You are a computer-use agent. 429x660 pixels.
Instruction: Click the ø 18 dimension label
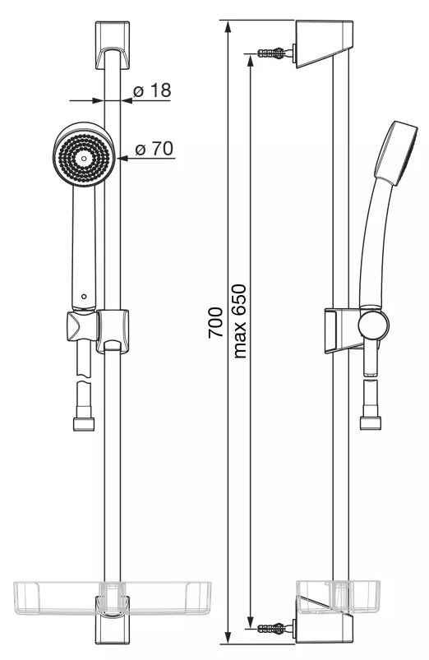152,90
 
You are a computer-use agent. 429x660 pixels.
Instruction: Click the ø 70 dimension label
154,149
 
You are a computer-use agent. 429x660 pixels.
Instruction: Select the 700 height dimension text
215,323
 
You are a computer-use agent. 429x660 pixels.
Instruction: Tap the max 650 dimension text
239,321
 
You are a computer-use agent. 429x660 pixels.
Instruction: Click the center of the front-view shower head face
84,159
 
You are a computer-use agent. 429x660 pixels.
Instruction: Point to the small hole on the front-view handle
84,297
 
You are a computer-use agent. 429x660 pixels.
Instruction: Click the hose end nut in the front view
84,423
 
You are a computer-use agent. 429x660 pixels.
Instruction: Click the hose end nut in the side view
371,422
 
